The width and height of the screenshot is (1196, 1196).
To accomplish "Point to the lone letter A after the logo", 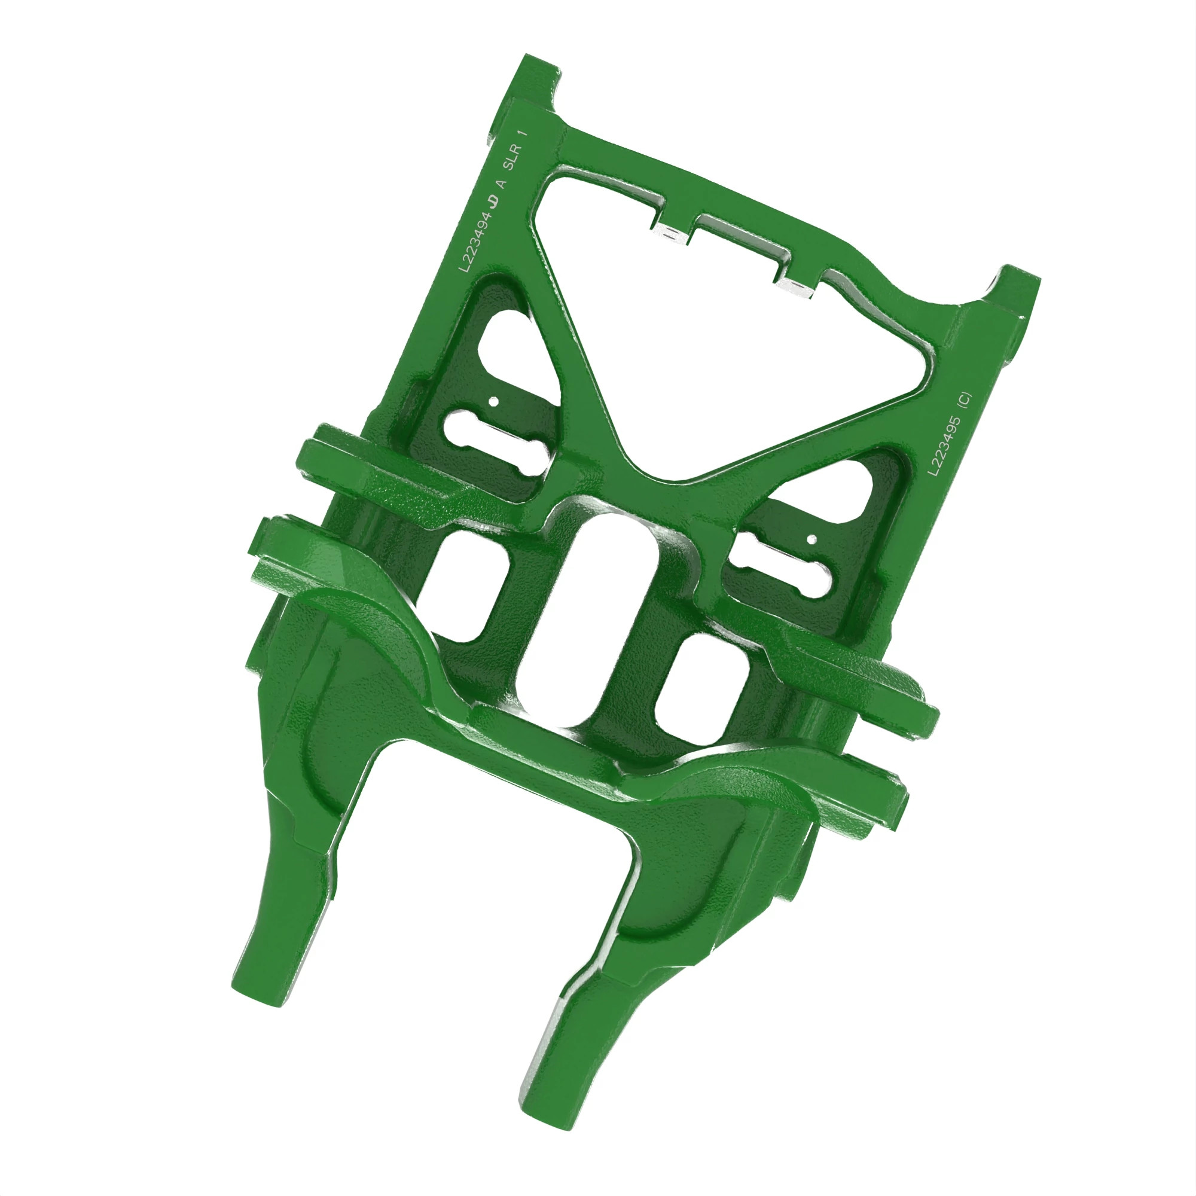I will (x=502, y=184).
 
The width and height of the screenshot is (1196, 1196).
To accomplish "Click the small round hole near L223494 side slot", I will (x=493, y=401).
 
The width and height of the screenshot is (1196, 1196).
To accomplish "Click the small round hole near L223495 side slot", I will (x=811, y=539).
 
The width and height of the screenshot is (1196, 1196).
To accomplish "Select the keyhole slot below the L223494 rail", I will (x=498, y=443).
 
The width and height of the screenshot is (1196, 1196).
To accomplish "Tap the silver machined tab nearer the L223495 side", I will (x=796, y=287).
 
